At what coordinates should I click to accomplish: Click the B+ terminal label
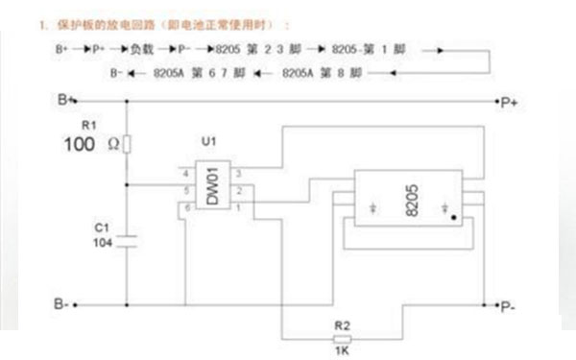point(65,99)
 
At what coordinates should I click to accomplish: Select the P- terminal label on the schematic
point(509,306)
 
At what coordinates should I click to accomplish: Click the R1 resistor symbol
point(129,145)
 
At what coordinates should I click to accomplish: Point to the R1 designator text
point(89,126)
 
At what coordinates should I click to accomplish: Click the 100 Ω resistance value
point(91,145)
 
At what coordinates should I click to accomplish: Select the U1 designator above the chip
point(208,142)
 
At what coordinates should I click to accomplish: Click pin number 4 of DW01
point(185,173)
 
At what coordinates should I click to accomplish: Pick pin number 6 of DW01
point(185,205)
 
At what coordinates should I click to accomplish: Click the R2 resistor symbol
point(343,339)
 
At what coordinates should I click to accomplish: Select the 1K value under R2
point(343,353)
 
